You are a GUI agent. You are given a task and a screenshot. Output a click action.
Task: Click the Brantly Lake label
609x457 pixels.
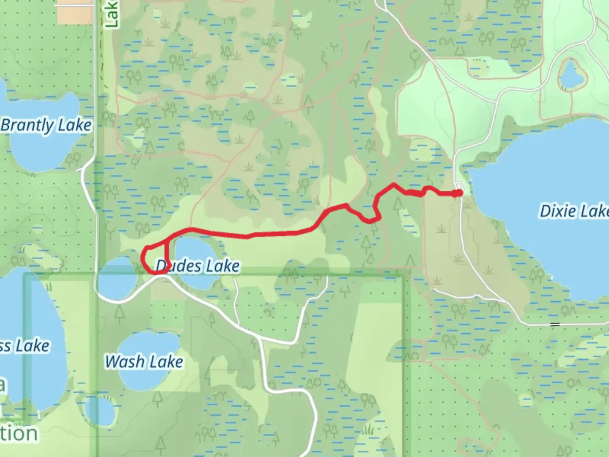coord(46,126)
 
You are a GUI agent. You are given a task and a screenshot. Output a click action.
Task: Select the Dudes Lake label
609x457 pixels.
coord(198,266)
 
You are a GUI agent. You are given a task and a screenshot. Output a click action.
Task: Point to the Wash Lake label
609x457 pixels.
coord(144,362)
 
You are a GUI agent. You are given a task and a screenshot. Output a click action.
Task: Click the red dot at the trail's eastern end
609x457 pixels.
coord(458,193)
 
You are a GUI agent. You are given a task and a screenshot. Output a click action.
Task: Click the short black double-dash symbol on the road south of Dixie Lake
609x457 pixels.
coord(555,325)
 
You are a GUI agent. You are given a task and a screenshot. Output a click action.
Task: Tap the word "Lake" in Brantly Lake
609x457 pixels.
coord(74,125)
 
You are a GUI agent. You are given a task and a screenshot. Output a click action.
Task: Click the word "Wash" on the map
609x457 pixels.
coord(125,362)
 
